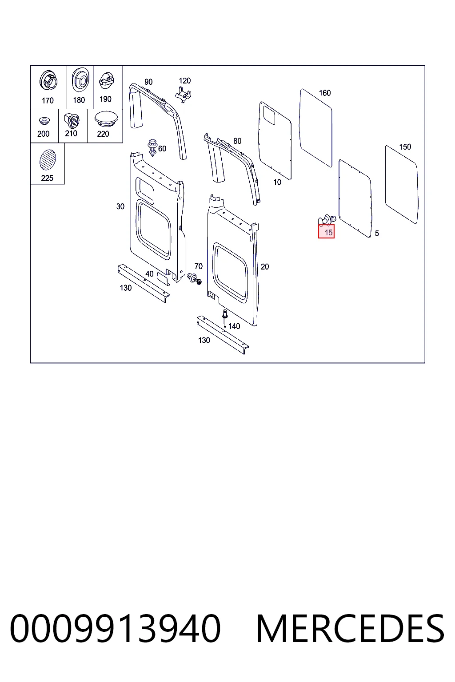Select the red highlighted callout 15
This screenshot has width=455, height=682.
[x=327, y=231]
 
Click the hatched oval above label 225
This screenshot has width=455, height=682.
[x=48, y=160]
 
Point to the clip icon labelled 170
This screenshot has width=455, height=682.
[x=48, y=80]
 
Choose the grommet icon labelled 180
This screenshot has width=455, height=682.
[x=80, y=80]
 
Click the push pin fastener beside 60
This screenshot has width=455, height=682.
[x=152, y=148]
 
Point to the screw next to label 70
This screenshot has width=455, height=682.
[x=195, y=278]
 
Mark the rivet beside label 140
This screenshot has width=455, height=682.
[x=225, y=318]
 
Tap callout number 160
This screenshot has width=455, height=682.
[x=324, y=93]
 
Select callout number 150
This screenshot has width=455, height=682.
[x=405, y=147]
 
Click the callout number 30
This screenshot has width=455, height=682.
[x=120, y=206]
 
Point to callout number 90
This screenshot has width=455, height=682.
[x=148, y=82]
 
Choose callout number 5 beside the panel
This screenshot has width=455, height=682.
[x=377, y=233]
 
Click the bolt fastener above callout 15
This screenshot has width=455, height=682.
[x=327, y=220]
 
